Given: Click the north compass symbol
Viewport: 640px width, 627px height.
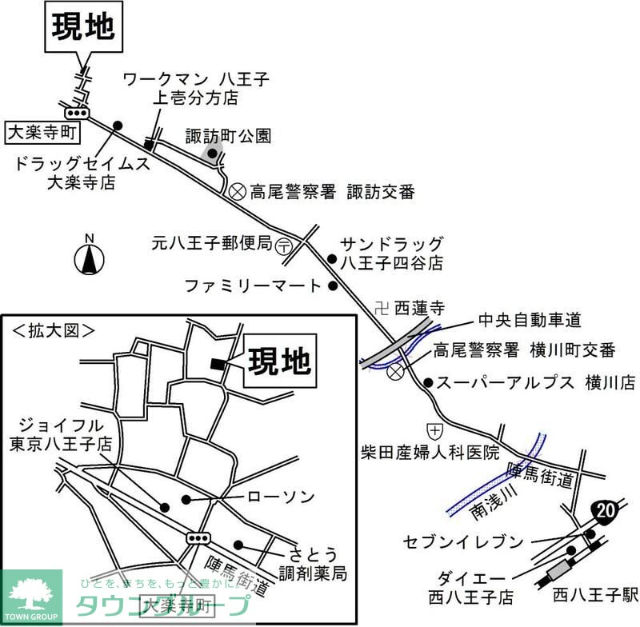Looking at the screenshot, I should tap(90, 257).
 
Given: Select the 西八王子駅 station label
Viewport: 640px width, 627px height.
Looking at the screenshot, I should tap(595, 595).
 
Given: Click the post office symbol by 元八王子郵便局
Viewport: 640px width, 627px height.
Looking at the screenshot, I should tap(285, 248).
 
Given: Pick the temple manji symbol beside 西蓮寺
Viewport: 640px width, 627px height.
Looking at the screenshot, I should tap(382, 306).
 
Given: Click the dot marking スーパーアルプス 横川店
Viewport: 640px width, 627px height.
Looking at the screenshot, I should tap(429, 383).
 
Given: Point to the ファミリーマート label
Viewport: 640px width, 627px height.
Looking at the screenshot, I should tap(252, 285).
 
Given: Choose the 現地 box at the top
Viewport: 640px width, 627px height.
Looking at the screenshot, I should tap(84, 27).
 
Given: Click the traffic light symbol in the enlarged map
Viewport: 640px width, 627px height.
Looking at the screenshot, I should tap(198, 537).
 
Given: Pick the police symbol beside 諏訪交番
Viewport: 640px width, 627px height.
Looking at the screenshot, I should tap(237, 191).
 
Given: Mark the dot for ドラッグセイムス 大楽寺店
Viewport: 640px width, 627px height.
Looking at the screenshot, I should tap(118, 126).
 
